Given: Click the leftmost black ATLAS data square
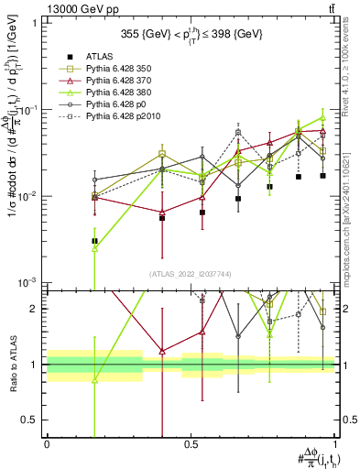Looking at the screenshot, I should click(x=94, y=241).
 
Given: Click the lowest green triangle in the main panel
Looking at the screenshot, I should click(x=94, y=248).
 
